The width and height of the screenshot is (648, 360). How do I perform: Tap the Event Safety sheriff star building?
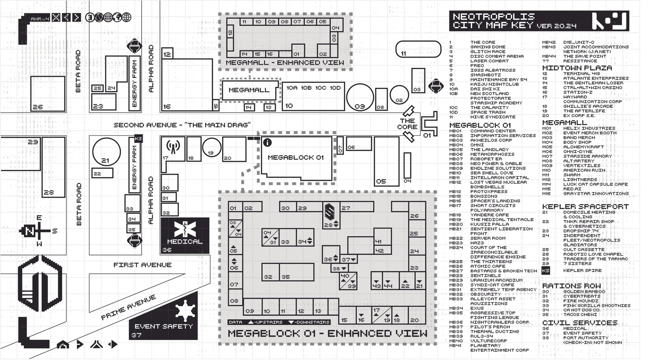164,318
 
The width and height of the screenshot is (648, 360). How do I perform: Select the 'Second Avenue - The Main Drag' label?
182,125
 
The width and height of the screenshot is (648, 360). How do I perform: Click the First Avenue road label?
142,265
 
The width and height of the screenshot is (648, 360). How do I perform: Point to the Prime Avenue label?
128,307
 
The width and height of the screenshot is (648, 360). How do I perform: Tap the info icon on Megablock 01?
267,142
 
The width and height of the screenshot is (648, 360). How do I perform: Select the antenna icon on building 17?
173,147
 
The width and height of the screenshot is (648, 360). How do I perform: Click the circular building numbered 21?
106,151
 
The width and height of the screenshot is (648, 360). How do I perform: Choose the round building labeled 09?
360,97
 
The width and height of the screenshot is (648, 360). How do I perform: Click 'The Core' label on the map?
407,124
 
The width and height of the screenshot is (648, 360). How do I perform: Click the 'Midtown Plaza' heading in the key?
577,68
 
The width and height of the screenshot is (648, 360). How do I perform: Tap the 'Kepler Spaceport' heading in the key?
585,207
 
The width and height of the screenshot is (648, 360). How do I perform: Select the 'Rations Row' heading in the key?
571,286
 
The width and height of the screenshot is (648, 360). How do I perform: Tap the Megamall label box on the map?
249,90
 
